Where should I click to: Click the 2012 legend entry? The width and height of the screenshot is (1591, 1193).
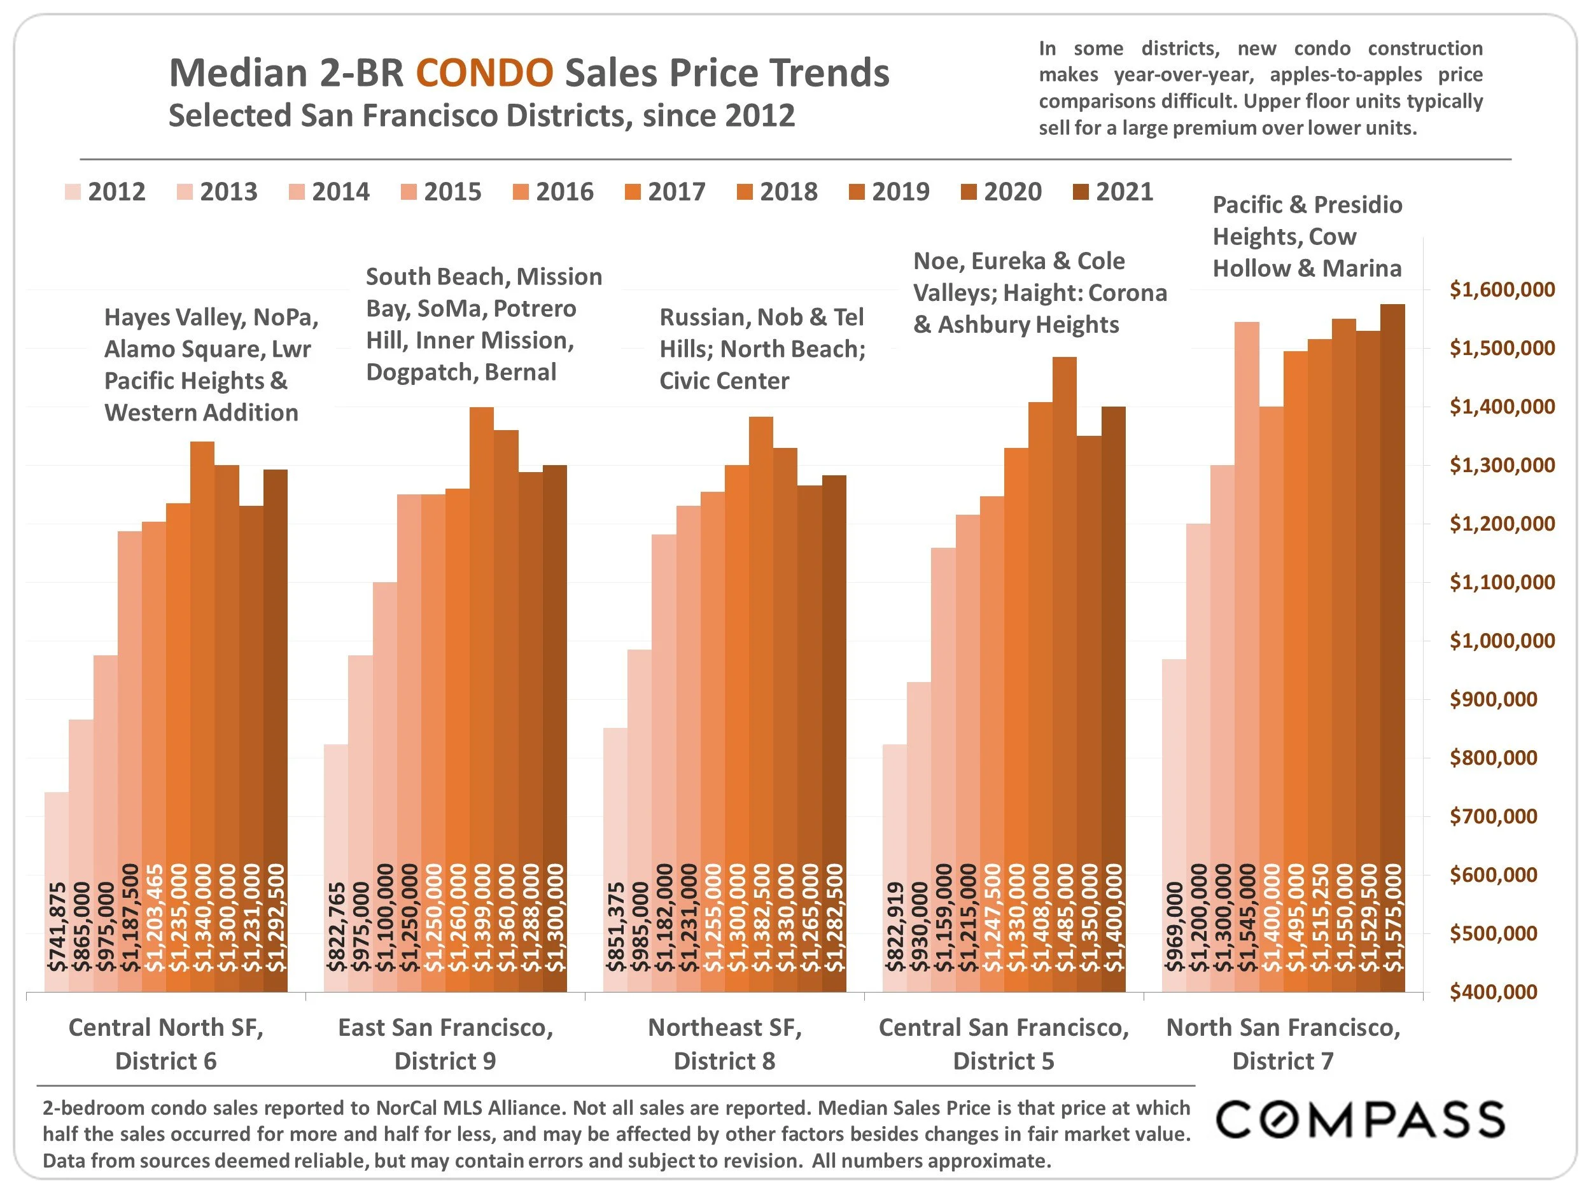point(106,192)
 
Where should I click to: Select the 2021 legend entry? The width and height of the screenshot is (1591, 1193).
point(1114,192)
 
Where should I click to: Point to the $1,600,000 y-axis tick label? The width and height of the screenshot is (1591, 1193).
point(1502,290)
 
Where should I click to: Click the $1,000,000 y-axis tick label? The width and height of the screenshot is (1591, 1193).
point(1502,641)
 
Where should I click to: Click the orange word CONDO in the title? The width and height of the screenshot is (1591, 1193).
point(485,73)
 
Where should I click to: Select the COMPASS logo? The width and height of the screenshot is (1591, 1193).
point(1360,1120)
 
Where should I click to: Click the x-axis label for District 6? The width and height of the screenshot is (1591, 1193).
point(166,1044)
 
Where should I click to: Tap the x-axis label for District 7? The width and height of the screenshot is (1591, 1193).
point(1283,1044)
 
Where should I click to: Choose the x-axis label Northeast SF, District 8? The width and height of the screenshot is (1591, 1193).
point(724,1044)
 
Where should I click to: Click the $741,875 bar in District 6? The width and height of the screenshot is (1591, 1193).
point(57,891)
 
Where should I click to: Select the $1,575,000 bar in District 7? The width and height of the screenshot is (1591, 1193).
point(1392,647)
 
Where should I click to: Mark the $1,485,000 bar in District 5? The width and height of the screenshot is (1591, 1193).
point(1065,676)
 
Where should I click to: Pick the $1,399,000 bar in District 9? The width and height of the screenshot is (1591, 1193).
point(482,697)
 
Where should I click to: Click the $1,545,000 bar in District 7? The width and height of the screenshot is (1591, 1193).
point(1247,654)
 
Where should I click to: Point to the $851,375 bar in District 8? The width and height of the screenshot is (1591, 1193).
point(615,860)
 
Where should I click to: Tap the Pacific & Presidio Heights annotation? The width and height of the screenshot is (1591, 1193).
point(1307,237)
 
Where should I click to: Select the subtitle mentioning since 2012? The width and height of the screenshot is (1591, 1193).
point(481,116)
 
